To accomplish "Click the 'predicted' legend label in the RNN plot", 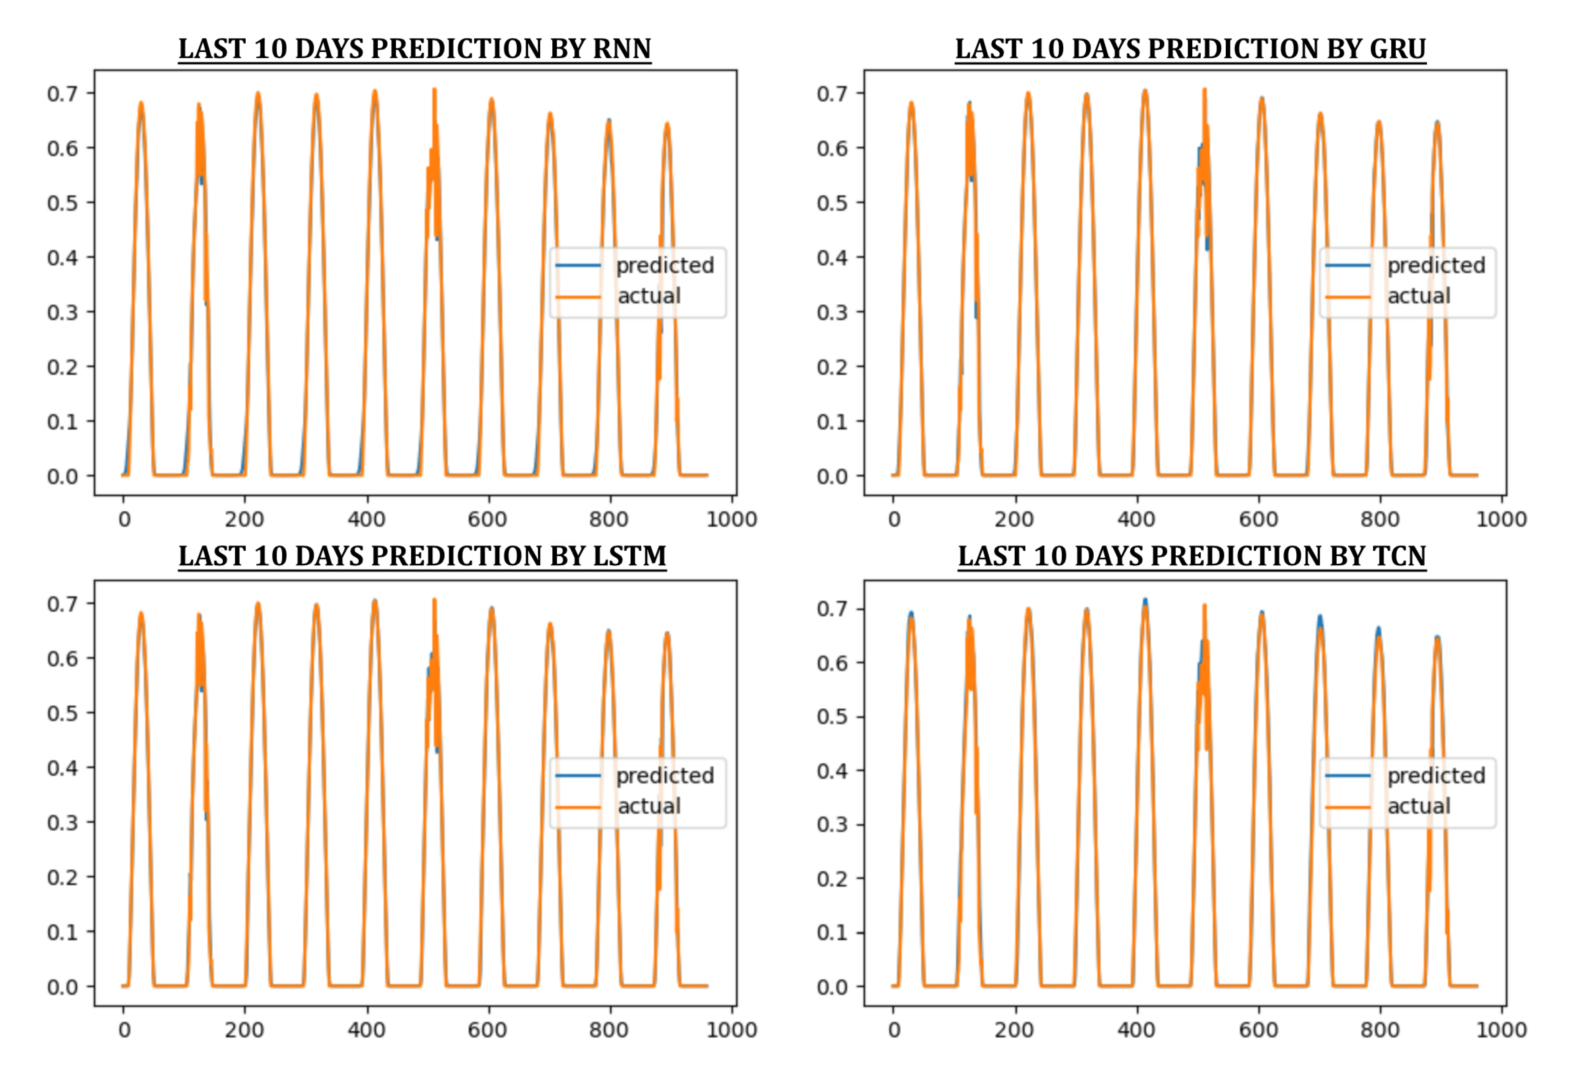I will point(665,265).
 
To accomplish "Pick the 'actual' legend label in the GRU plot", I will point(1419,296).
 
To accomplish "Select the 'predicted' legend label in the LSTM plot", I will point(665,775).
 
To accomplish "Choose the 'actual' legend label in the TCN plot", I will point(1419,806).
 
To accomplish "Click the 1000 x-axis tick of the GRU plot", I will point(1501,519).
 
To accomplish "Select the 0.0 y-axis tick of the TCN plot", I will point(832,987).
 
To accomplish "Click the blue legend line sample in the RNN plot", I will point(578,265).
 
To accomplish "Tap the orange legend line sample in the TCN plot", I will point(1348,806).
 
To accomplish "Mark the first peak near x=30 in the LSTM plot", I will point(141,613).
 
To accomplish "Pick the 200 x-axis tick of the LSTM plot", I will point(244,1030).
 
